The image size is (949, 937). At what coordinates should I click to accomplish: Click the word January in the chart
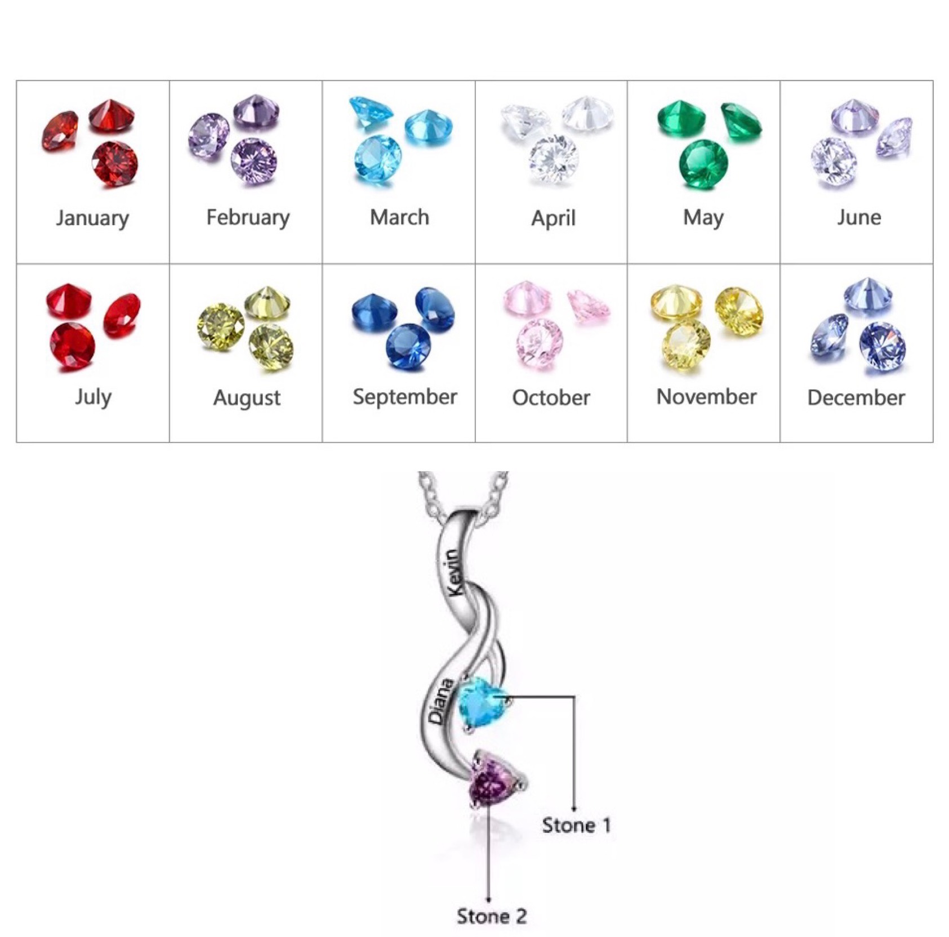[x=92, y=218]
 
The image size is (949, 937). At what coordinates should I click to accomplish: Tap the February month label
[x=248, y=218]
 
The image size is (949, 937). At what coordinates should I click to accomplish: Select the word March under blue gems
[x=399, y=217]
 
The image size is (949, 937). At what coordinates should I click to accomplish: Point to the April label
[x=553, y=218]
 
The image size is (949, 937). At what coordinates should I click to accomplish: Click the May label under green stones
[x=703, y=218]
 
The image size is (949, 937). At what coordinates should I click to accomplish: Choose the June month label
[x=858, y=217]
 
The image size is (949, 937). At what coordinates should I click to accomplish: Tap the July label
[x=93, y=397]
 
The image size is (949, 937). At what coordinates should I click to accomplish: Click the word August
[x=247, y=398]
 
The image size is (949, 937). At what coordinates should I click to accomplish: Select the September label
[x=404, y=397]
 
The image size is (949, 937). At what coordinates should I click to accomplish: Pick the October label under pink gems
[x=551, y=398]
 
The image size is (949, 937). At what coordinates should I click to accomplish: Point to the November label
[x=706, y=397]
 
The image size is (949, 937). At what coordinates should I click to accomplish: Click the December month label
[x=856, y=398]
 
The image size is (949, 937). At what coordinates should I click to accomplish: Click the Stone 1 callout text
[x=576, y=826]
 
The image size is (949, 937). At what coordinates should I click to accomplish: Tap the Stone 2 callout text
[x=492, y=916]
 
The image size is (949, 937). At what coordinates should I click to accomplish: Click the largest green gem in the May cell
[x=703, y=164]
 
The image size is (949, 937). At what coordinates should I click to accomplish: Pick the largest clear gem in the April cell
[x=553, y=158]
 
